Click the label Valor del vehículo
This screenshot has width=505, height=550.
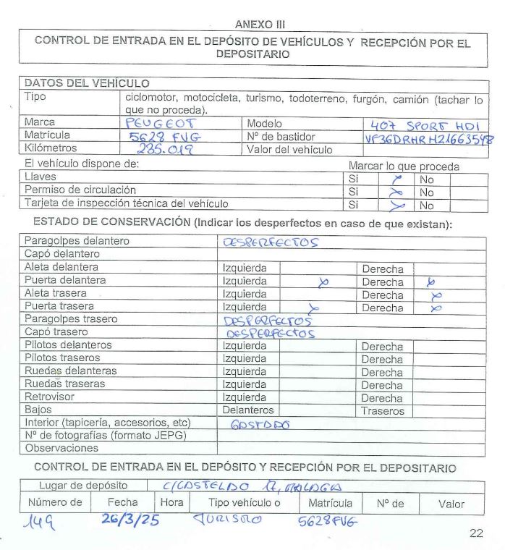(x=290, y=150)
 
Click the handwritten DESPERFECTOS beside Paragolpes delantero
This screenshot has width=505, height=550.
(x=273, y=242)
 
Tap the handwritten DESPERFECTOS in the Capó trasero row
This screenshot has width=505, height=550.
(x=271, y=334)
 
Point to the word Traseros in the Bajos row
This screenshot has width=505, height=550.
(x=383, y=410)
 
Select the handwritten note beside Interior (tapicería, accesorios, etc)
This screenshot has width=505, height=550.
(x=259, y=425)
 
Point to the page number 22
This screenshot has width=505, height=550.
(x=475, y=534)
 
